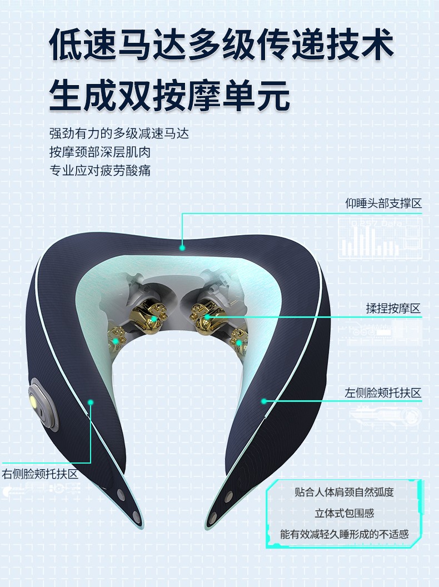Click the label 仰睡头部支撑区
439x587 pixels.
pos(383,203)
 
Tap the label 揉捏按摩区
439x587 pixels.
pos(393,309)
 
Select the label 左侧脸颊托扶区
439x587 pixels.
pos(383,392)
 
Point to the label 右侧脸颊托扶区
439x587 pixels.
pos(40,474)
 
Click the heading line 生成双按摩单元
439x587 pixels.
pos(169,95)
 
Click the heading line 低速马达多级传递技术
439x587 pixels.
pos(222,44)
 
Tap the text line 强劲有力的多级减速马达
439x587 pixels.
pos(119,133)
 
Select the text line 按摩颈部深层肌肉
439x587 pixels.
pos(100,152)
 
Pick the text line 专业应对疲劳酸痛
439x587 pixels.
pos(100,171)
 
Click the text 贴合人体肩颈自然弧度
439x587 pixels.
pos(345,492)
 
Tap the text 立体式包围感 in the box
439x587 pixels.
pos(345,513)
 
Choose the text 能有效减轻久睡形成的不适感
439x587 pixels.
pos(345,534)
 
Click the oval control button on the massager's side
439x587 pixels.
pos(43,404)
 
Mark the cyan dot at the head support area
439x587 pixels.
pos(182,247)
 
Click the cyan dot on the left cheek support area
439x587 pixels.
pos(264,401)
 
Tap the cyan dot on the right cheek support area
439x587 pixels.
pos(90,402)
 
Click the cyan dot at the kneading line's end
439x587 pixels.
pos(207,317)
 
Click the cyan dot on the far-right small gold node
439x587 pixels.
pos(239,342)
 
